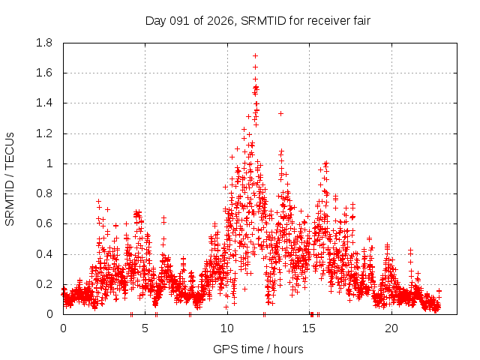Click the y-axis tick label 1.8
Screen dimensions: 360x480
45,43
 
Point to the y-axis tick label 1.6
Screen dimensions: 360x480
45,73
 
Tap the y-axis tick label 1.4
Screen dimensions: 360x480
45,103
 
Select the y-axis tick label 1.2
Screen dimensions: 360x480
45,133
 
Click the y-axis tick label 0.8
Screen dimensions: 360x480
45,193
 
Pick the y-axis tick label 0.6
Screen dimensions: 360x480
45,223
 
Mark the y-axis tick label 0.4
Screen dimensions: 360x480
45,254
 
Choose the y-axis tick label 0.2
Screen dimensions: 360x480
45,284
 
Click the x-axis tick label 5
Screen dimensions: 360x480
145,328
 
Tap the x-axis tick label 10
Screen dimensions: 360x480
227,328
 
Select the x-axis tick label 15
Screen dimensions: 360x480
310,328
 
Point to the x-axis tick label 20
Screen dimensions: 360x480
391,328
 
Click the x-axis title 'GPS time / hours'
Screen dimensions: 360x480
258,349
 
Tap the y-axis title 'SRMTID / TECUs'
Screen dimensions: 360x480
10,178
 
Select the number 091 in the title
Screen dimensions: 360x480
177,20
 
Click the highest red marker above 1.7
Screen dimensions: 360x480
255,55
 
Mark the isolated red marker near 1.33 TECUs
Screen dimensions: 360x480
280,113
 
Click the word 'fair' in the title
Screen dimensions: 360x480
361,20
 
